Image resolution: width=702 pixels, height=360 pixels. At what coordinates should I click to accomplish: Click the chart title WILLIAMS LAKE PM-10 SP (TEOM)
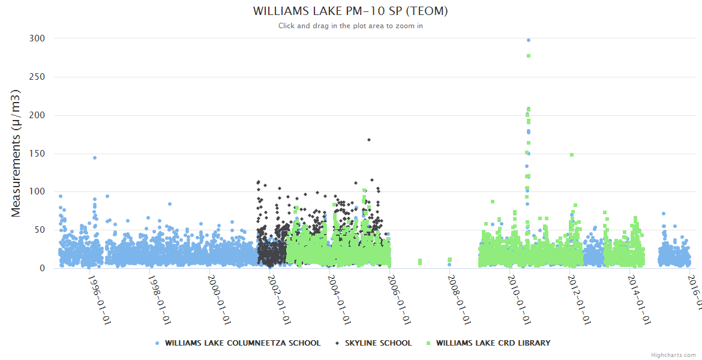pos(350,11)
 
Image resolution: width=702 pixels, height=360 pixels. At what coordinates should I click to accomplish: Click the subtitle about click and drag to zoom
pos(350,26)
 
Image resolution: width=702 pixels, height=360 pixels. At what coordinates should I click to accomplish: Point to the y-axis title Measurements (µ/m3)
pos(16,153)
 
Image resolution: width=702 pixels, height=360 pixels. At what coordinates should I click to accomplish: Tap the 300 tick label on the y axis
pos(37,38)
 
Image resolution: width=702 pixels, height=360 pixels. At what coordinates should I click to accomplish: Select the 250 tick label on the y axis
pos(37,77)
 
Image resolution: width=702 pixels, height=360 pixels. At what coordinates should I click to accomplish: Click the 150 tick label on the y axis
pos(37,154)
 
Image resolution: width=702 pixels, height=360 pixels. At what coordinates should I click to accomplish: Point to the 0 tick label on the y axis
pos(42,268)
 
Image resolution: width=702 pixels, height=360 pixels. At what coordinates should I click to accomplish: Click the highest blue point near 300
pos(528,40)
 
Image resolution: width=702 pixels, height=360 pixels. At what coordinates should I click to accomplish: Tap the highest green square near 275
pos(529,56)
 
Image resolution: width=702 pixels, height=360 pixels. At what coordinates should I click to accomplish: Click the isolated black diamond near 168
pos(369,140)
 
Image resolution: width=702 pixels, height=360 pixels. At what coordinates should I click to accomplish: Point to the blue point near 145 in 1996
pos(95,158)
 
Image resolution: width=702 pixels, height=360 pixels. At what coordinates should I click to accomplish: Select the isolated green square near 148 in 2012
pos(572,155)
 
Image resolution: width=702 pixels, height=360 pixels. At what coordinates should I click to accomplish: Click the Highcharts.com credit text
pos(673,355)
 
